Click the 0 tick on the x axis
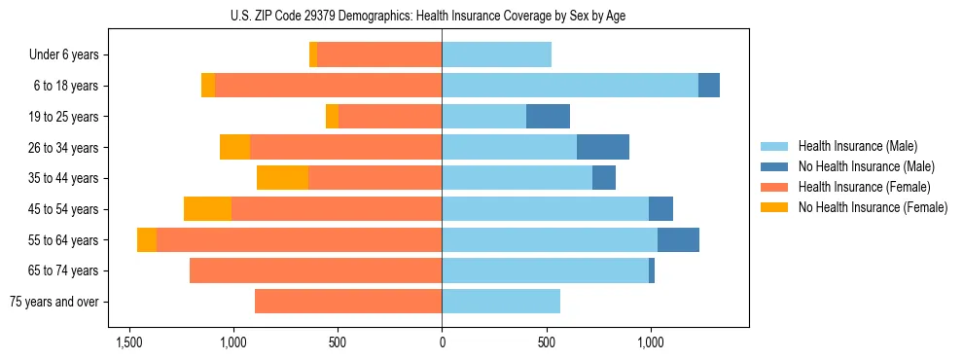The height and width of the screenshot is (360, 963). (443, 342)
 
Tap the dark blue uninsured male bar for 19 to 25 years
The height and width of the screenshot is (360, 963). (548, 117)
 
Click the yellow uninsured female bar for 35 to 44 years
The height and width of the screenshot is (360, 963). (282, 178)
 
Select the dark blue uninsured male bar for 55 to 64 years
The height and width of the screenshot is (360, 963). (678, 240)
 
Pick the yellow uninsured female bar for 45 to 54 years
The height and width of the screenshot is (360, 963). (207, 209)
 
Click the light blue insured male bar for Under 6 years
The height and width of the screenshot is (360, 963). (497, 55)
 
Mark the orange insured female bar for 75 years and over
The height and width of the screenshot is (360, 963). (348, 302)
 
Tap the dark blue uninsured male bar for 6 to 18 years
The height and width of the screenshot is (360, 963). (709, 86)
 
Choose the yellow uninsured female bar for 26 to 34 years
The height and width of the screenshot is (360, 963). (234, 148)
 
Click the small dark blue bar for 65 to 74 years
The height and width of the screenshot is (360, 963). (652, 270)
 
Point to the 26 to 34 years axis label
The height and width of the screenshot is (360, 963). (64, 148)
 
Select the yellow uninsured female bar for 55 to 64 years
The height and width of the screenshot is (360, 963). (147, 240)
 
